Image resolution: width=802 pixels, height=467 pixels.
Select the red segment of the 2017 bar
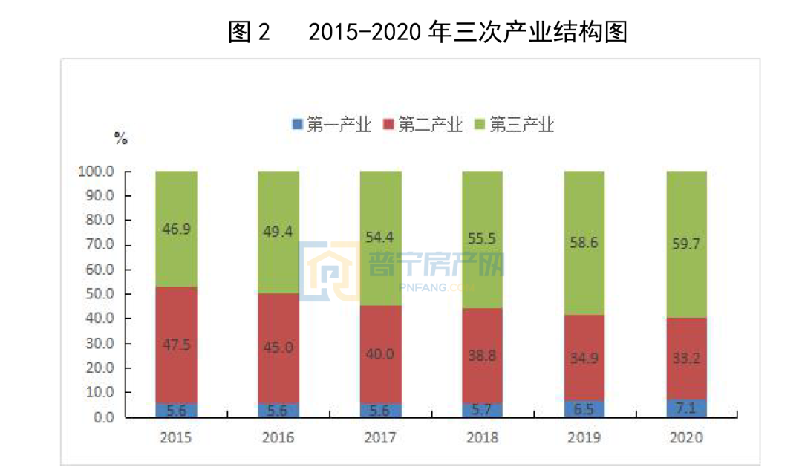pyautogui.click(x=380, y=355)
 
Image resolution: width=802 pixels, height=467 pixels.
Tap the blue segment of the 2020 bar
pyautogui.click(x=686, y=408)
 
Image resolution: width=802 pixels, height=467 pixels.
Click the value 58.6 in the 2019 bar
pyautogui.click(x=584, y=243)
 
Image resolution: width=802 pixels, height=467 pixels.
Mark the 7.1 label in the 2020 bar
pyautogui.click(x=686, y=408)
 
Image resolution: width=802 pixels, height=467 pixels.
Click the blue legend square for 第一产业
pyautogui.click(x=298, y=125)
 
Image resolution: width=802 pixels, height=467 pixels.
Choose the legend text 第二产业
pyautogui.click(x=430, y=125)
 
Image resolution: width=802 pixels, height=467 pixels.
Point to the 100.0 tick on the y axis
pyautogui.click(x=96, y=172)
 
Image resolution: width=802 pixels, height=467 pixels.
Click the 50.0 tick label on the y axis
pyautogui.click(x=99, y=294)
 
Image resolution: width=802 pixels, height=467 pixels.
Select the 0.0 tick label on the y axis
pyautogui.click(x=102, y=417)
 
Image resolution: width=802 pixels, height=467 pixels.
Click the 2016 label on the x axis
pyautogui.click(x=278, y=438)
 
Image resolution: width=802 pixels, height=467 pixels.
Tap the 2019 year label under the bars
pyautogui.click(x=584, y=438)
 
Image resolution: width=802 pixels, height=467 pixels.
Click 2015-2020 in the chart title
pyautogui.click(x=365, y=32)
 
